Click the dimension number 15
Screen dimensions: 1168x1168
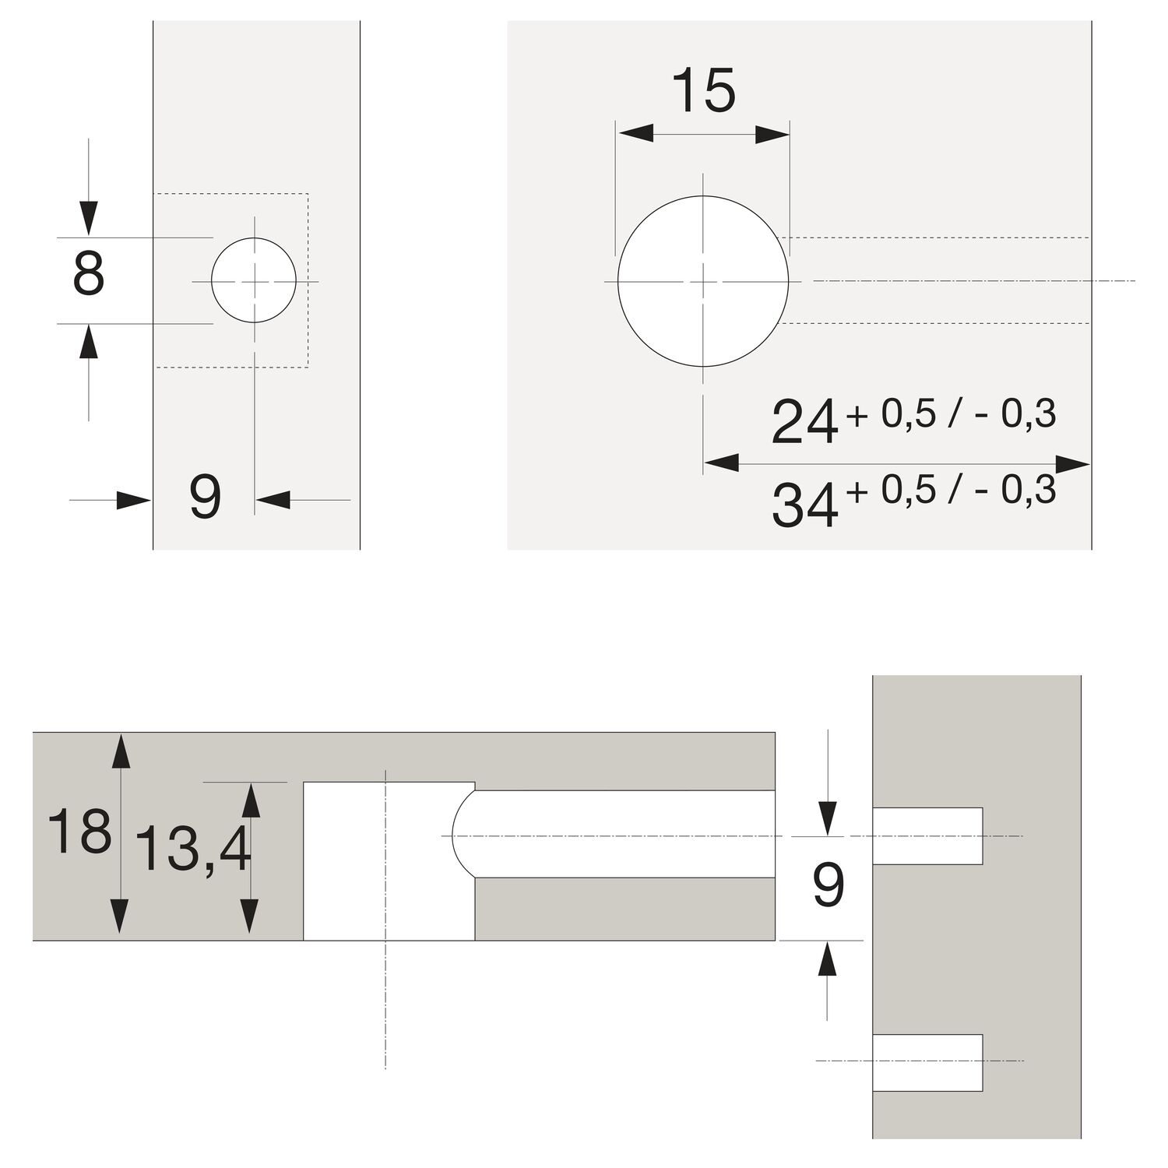pyautogui.click(x=703, y=91)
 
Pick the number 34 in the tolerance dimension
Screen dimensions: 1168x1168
pyautogui.click(x=804, y=505)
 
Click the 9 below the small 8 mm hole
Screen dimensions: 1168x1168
pyautogui.click(x=206, y=498)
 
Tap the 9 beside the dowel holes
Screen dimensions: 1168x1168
pyautogui.click(x=828, y=886)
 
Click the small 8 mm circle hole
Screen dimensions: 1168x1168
pyautogui.click(x=254, y=280)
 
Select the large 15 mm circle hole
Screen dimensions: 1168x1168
pyautogui.click(x=703, y=281)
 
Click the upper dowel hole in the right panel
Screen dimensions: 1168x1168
pyautogui.click(x=927, y=836)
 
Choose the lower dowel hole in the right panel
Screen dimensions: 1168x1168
pyautogui.click(x=927, y=1062)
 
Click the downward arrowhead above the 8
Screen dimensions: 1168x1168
pyautogui.click(x=89, y=218)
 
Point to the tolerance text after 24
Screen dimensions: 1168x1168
pyautogui.click(x=952, y=415)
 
